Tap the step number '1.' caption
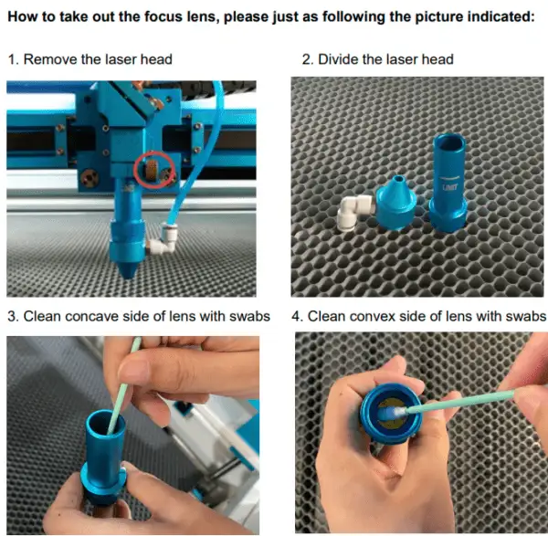point(14,60)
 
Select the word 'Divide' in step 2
point(342,60)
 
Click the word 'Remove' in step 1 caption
point(47,60)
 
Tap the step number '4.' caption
point(297,316)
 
